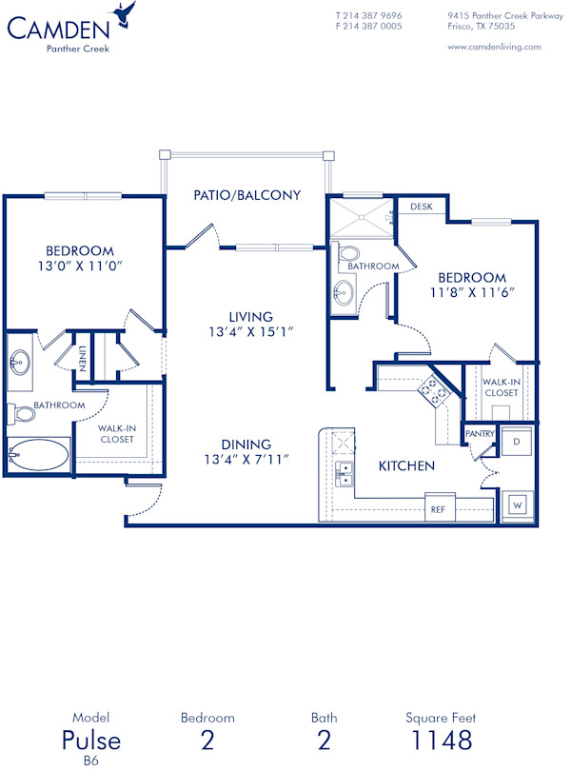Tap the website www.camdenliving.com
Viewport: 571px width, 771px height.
coord(494,46)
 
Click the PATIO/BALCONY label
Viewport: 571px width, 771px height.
coord(246,195)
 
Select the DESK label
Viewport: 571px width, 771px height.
coord(421,206)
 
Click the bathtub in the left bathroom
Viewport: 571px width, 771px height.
coord(38,454)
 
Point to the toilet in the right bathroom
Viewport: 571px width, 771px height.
coord(347,255)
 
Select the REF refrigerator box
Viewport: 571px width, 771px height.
coord(439,509)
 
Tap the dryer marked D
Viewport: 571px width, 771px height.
coord(516,443)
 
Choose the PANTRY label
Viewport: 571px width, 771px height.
coord(479,434)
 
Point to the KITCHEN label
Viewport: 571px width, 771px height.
coord(406,466)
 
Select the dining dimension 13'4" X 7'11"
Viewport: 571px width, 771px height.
coord(246,460)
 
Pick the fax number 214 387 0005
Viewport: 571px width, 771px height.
coord(374,27)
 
